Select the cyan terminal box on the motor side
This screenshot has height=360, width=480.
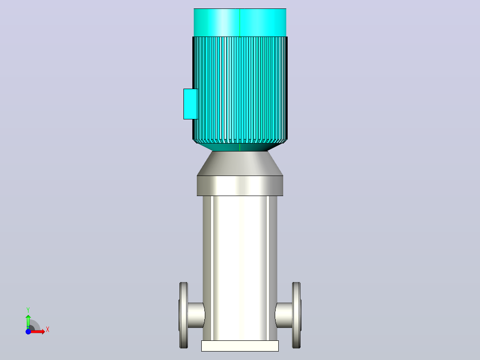(191, 104)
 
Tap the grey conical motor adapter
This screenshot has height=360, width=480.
(240, 164)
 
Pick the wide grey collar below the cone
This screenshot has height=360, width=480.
(240, 186)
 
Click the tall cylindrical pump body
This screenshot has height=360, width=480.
(240, 268)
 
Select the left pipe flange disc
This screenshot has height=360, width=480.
(183, 315)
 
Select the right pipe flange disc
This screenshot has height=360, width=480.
(297, 315)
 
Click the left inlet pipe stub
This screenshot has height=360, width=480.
(195, 315)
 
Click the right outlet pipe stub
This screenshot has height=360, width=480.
(284, 315)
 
